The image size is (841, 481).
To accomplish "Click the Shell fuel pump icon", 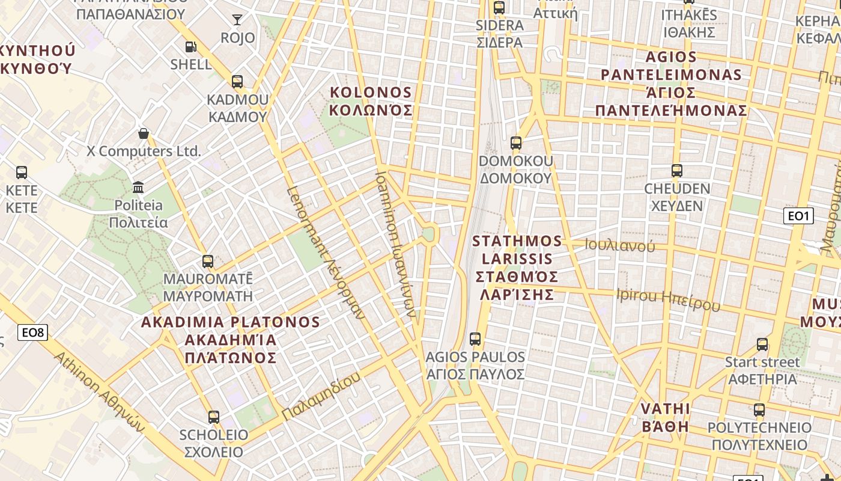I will [x=190, y=46].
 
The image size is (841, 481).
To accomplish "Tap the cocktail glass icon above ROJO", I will [x=237, y=20].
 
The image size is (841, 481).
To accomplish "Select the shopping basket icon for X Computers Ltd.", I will [x=144, y=133].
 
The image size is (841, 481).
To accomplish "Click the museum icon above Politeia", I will [x=139, y=187].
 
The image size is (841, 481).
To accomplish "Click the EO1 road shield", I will [x=798, y=216].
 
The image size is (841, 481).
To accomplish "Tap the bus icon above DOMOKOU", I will [x=516, y=142].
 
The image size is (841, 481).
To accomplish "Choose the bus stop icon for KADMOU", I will [x=237, y=81].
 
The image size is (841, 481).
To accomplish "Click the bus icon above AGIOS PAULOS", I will [x=475, y=339].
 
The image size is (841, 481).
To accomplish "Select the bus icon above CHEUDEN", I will [x=677, y=170].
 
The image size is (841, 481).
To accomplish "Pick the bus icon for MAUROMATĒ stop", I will [x=208, y=261].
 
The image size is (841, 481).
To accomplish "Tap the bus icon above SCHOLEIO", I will [x=214, y=417].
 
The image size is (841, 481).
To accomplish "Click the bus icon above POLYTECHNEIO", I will [x=759, y=410].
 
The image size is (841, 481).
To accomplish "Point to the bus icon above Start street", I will [x=762, y=345].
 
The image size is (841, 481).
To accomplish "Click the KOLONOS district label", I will [x=371, y=101].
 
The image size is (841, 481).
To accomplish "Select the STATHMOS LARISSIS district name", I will [x=517, y=268].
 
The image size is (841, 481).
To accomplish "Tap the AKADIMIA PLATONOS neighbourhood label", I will [x=230, y=340].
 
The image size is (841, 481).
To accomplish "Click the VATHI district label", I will [x=665, y=418].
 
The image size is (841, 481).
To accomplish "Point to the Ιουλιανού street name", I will [x=619, y=245].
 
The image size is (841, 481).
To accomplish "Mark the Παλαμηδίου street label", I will [x=321, y=396].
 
